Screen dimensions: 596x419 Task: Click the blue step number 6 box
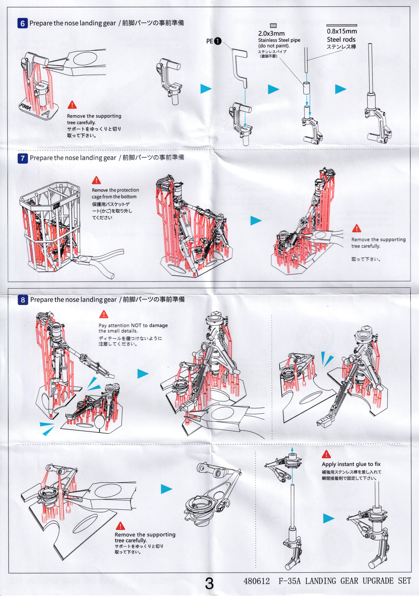pos(22,23)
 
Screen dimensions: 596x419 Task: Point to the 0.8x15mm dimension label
pos(342,31)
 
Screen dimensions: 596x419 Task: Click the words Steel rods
pos(341,39)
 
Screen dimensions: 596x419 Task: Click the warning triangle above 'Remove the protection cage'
pos(96,180)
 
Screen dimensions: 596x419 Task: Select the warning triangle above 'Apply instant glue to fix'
pos(326,454)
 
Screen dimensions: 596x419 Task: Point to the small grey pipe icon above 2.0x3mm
pos(273,25)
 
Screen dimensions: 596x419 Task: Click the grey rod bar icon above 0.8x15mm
pos(341,25)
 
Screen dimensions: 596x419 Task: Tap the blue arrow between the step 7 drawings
pos(256,221)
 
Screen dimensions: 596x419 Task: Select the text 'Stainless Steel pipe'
pos(279,40)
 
